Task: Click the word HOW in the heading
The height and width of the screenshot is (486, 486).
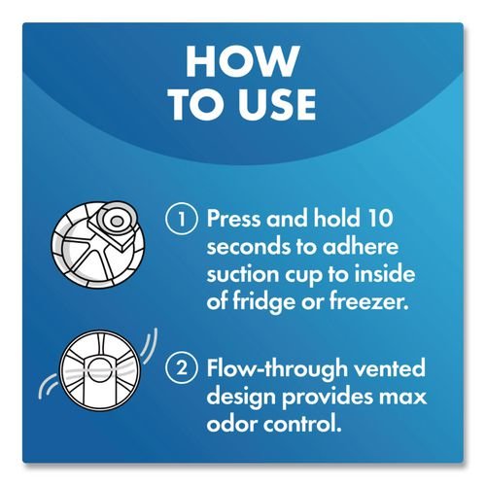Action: [243, 61]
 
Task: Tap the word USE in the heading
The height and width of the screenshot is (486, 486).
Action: [278, 105]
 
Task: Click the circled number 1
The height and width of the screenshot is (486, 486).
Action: [182, 219]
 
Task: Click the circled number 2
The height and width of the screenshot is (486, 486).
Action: [182, 368]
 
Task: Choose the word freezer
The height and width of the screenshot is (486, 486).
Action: [368, 302]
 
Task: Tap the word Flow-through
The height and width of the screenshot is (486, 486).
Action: [278, 368]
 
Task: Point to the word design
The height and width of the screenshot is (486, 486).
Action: [241, 398]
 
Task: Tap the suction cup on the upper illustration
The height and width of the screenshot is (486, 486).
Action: [117, 221]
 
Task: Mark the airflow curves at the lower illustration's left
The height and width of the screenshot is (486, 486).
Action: [49, 387]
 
